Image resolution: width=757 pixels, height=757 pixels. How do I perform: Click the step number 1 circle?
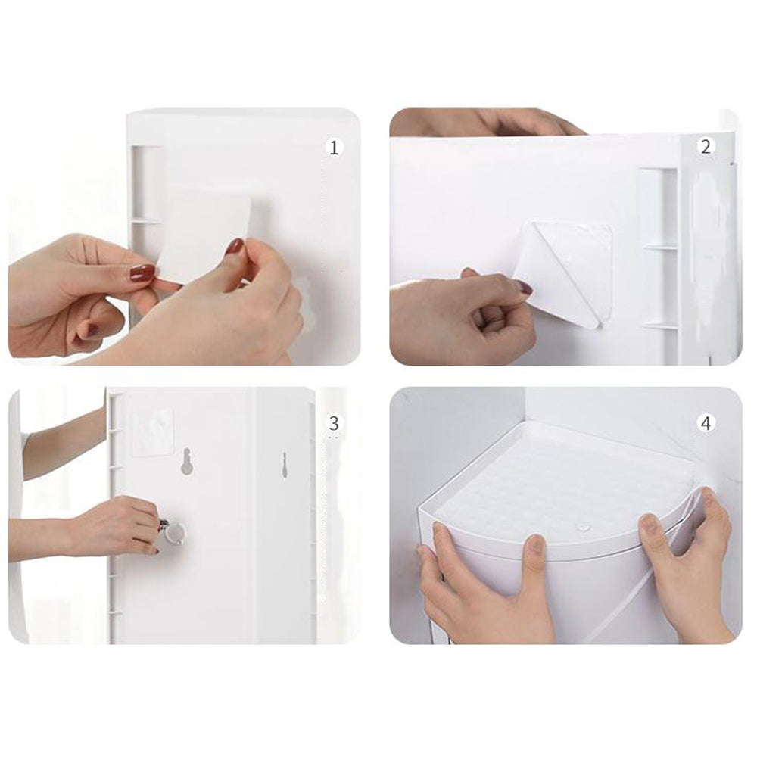coord(334,148)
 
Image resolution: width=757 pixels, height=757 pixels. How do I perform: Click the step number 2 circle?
coord(706,147)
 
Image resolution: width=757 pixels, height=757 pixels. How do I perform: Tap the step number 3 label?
coord(334,423)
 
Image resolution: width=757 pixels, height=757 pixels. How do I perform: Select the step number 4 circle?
coord(706,423)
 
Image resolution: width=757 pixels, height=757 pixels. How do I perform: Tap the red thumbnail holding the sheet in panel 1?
coord(235,247)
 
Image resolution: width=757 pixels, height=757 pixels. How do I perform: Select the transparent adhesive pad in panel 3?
coord(151,432)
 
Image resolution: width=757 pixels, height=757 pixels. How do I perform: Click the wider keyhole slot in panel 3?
coord(186,460)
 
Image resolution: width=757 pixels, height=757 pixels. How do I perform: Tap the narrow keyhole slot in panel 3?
coord(284,466)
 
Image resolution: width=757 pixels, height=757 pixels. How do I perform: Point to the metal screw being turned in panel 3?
coord(164,524)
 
